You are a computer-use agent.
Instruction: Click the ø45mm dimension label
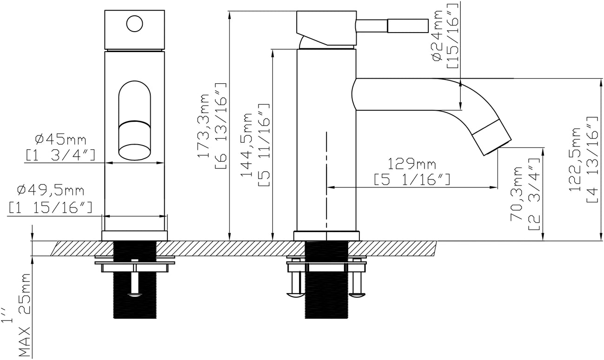click(61, 139)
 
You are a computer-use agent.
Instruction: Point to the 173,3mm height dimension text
click(204, 126)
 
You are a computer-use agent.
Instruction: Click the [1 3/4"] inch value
click(61, 155)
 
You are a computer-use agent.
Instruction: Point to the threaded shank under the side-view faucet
click(326, 288)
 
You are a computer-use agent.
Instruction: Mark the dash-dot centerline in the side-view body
click(327, 177)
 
